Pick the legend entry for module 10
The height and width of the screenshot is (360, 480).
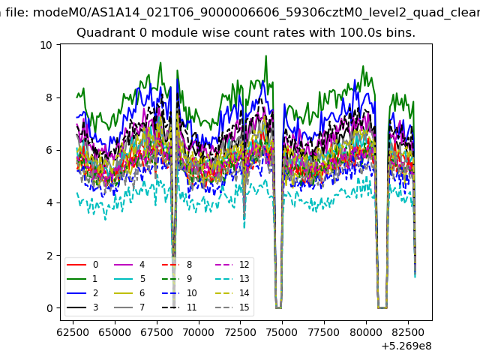179,293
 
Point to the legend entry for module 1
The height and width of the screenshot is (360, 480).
82,279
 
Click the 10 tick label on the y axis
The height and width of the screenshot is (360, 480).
46,45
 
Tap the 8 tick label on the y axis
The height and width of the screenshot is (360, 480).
49,97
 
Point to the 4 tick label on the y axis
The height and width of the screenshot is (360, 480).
49,202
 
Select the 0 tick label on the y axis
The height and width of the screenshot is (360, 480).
49,308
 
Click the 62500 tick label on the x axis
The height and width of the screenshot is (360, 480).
73,332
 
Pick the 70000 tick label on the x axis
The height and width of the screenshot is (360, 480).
199,332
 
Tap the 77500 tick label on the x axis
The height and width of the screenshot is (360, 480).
324,332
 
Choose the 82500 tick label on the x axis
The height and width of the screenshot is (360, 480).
408,332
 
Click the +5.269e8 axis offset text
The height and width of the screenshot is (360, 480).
406,346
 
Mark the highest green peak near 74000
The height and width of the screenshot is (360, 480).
266,55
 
